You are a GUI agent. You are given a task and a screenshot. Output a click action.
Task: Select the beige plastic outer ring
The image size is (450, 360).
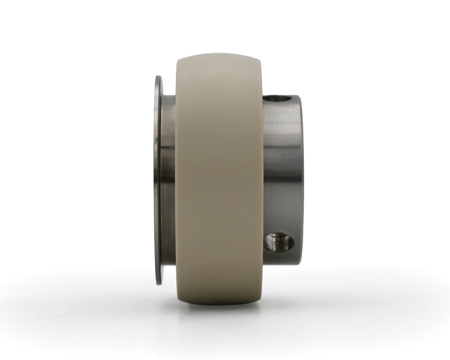click(219, 180)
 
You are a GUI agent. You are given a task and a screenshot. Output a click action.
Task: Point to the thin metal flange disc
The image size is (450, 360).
click(158, 180)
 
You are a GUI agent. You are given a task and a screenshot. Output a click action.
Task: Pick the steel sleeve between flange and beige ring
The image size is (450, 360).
click(168, 180)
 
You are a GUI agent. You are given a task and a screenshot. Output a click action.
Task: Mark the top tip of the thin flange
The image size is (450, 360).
click(158, 77)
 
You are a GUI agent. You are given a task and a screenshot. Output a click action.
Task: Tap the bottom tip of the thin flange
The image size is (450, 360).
click(158, 283)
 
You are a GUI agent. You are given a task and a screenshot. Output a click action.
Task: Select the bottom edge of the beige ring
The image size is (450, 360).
click(219, 304)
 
